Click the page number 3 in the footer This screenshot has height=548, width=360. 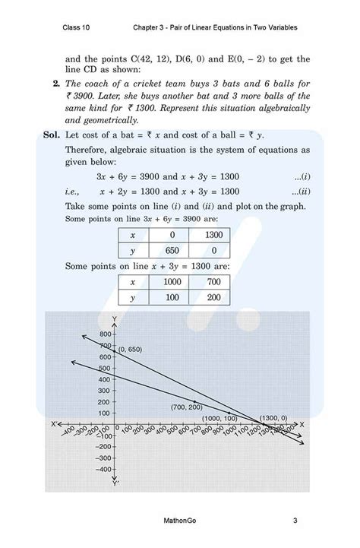294,521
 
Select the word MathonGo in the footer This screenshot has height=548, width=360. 180,521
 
